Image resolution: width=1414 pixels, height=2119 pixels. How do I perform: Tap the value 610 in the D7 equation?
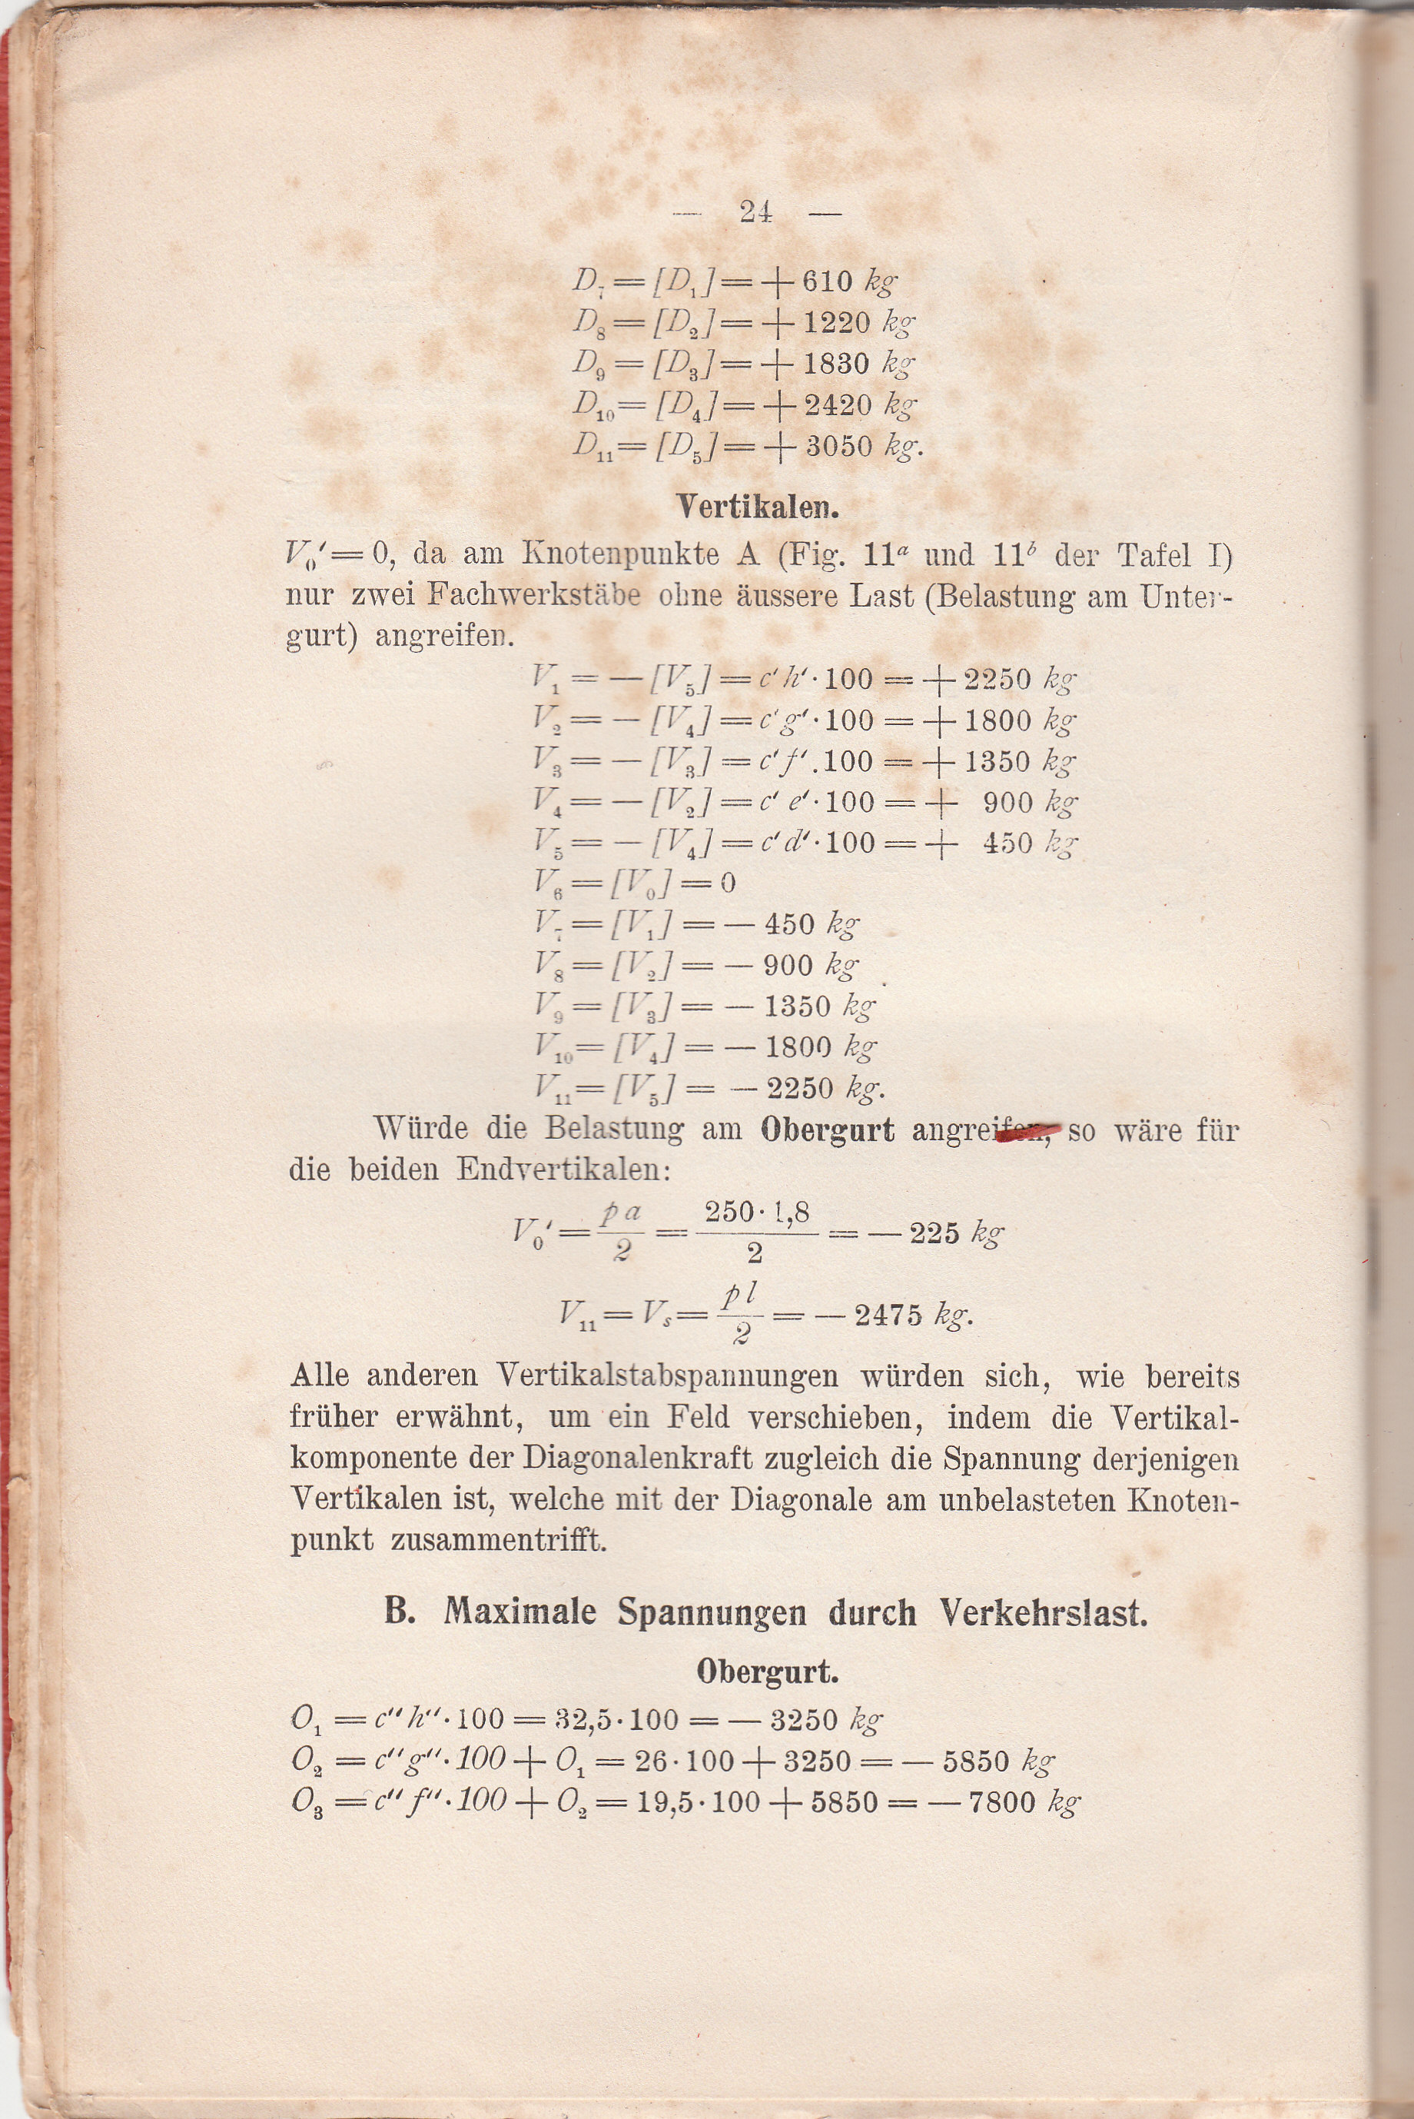pos(826,281)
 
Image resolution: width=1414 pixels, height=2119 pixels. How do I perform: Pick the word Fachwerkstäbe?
pos(533,595)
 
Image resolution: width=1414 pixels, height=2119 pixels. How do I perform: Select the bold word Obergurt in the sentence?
pos(827,1130)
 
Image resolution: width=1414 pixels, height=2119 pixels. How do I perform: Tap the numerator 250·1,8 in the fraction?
pos(757,1213)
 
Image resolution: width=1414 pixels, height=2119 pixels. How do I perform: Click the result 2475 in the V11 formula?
pos(888,1316)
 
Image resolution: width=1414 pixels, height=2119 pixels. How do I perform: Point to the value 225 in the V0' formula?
pos(934,1233)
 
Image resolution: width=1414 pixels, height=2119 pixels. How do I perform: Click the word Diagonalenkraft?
pos(643,1459)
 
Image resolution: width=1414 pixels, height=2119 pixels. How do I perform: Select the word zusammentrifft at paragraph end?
pos(499,1540)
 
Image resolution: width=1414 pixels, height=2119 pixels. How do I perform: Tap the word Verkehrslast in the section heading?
pos(1044,1612)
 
